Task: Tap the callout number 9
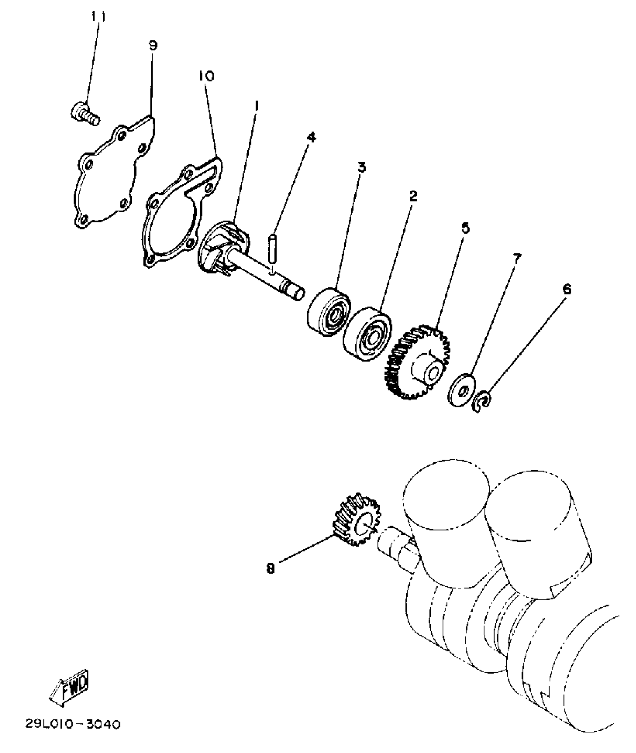pyautogui.click(x=153, y=46)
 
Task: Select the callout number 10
pyautogui.click(x=206, y=76)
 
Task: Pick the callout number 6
pyautogui.click(x=567, y=289)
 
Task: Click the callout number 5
pyautogui.click(x=465, y=227)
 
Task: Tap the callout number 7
pyautogui.click(x=517, y=258)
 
